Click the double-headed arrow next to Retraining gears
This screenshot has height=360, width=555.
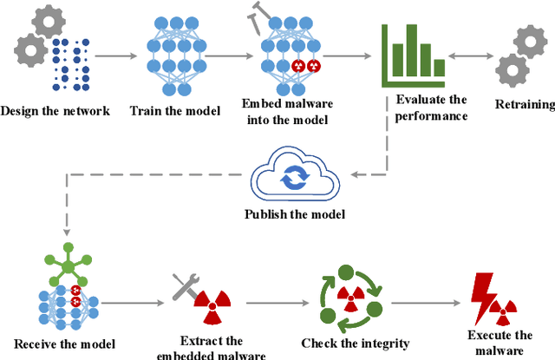click(473, 58)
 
